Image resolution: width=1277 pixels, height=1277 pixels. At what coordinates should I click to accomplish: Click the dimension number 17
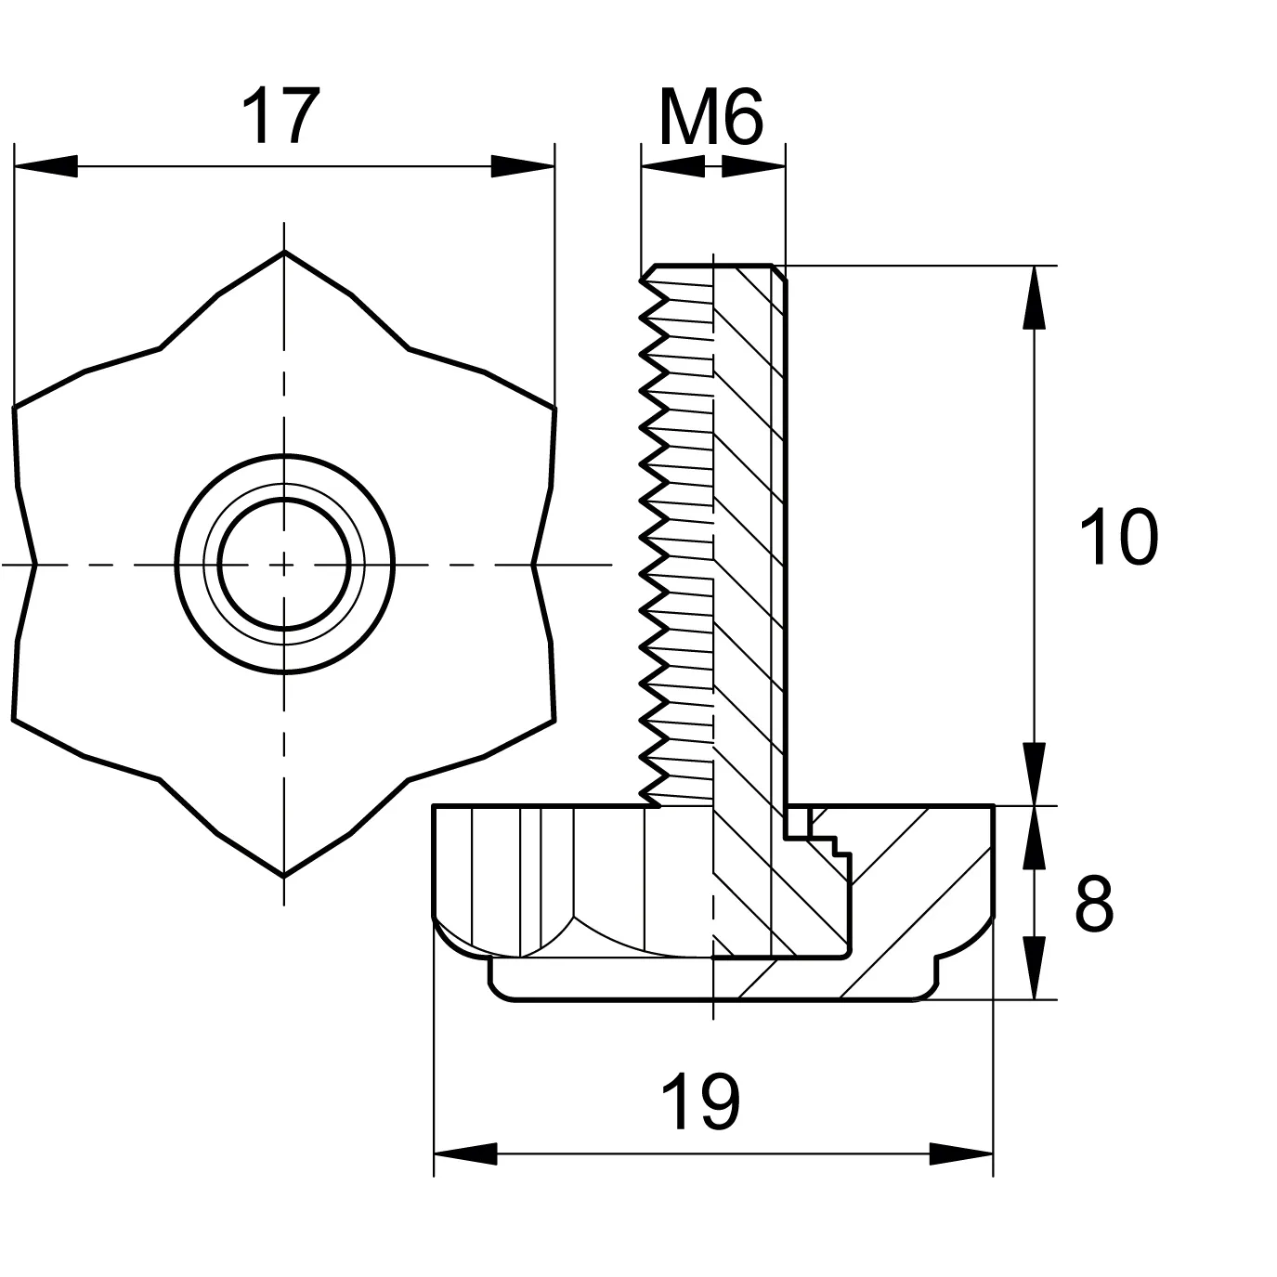click(x=281, y=115)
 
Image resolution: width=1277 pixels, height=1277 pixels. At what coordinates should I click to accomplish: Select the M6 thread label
click(x=711, y=117)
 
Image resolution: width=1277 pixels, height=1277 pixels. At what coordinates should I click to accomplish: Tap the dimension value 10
click(x=1118, y=537)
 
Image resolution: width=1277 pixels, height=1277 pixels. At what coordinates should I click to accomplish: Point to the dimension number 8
click(x=1094, y=904)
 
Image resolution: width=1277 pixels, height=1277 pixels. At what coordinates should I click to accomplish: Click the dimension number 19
click(x=700, y=1103)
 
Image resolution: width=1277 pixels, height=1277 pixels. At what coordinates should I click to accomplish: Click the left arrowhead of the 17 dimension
click(x=46, y=166)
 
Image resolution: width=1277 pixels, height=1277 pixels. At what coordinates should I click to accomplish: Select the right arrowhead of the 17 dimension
click(x=523, y=166)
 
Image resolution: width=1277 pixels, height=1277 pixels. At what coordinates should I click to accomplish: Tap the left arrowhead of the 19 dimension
click(x=465, y=1153)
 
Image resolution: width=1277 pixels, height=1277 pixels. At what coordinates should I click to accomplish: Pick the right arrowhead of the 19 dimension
click(x=961, y=1153)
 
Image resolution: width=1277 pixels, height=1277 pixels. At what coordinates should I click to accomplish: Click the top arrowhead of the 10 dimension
click(x=1034, y=297)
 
